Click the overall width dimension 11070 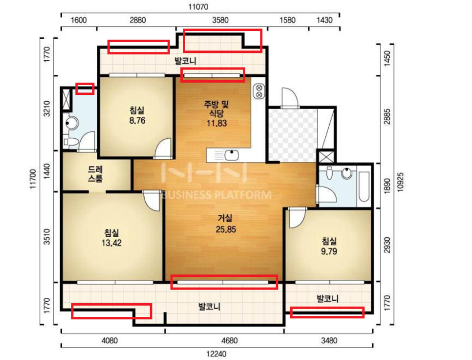tap(198, 7)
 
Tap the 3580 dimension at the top tap(220, 20)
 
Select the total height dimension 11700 tap(33, 179)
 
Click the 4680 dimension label tap(229, 341)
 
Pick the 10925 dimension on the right tap(400, 182)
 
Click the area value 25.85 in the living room tap(226, 229)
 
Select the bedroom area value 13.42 tap(111, 243)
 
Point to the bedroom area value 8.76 tap(137, 120)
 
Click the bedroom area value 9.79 tap(329, 251)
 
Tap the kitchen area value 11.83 tap(217, 123)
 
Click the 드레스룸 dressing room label tap(95, 174)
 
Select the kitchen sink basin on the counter tap(232, 156)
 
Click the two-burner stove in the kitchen tap(259, 91)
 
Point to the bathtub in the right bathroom tap(364, 187)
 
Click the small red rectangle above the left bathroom tap(85, 89)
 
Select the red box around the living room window tap(224, 282)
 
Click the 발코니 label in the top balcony tap(186, 61)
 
